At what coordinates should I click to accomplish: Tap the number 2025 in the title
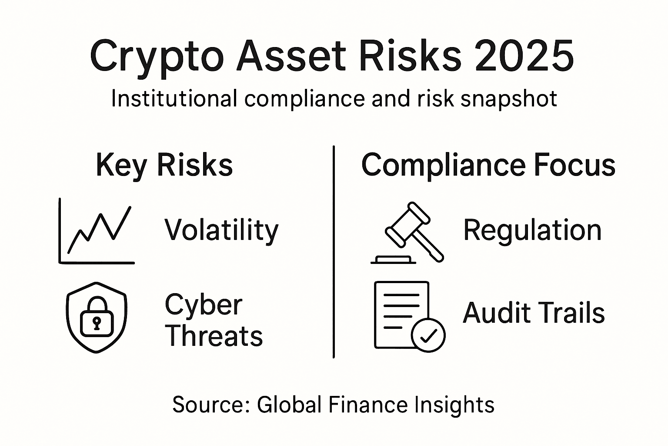tap(524, 57)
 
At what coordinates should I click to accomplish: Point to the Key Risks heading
tap(164, 166)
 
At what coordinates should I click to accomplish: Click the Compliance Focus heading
tap(488, 166)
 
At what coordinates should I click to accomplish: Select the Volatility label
tap(221, 230)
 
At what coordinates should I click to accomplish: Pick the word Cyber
tap(203, 305)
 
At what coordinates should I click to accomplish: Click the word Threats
tap(214, 336)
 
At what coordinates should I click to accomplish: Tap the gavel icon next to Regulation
tap(409, 233)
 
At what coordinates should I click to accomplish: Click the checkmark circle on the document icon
tap(428, 335)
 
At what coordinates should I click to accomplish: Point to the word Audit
tap(491, 313)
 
